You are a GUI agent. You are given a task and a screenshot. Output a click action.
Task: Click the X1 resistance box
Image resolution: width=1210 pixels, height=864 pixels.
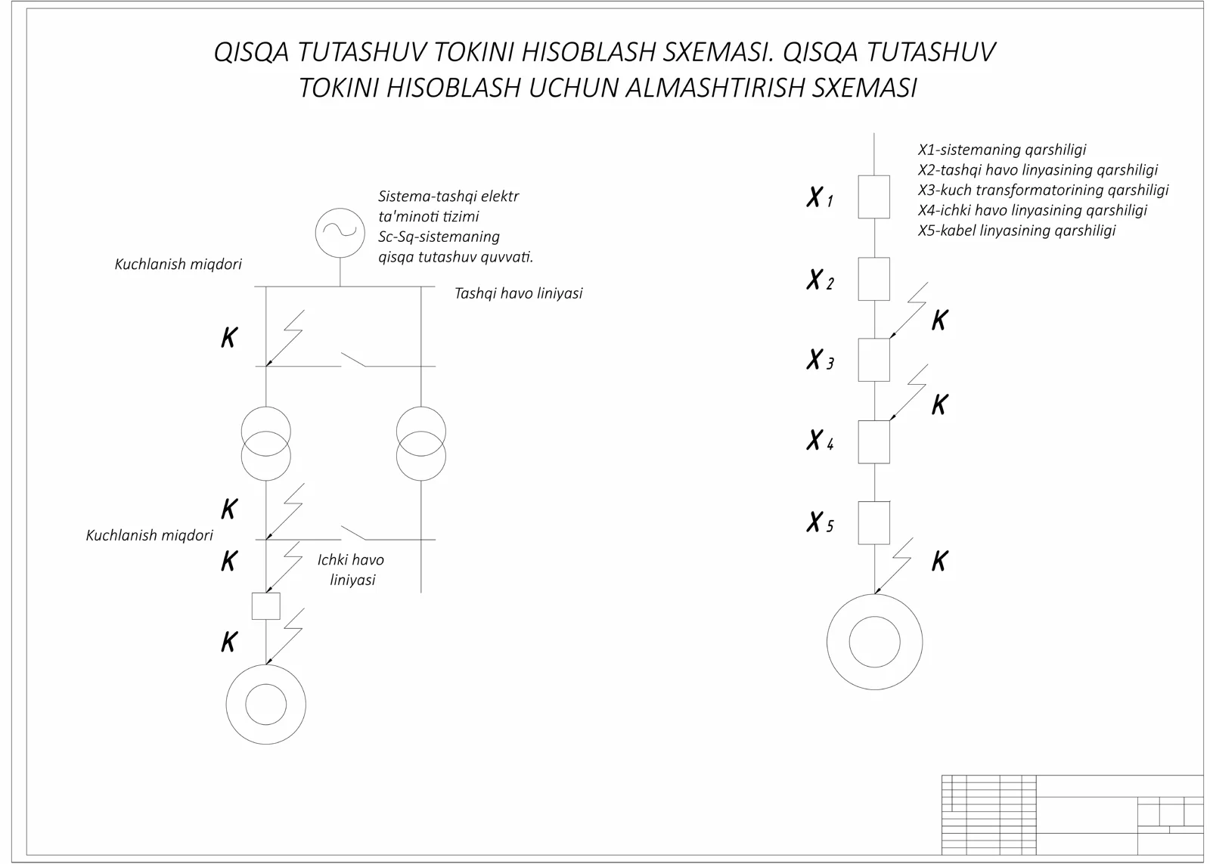coord(873,197)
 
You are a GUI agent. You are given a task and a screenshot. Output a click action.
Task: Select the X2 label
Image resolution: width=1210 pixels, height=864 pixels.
coord(819,280)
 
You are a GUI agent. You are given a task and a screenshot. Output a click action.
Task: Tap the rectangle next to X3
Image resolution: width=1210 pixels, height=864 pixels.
coord(873,360)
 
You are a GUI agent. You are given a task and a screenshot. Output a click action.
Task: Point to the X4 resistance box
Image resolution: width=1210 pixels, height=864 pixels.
coord(873,442)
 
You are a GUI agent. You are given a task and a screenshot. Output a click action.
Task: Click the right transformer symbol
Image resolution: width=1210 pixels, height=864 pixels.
coord(421,444)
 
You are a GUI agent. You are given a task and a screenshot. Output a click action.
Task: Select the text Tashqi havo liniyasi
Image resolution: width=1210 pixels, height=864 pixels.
coord(518,293)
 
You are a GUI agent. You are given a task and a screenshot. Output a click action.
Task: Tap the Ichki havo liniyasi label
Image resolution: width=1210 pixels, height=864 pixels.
coord(351,570)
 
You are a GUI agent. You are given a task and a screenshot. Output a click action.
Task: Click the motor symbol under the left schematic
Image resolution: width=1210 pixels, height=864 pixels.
coord(265,705)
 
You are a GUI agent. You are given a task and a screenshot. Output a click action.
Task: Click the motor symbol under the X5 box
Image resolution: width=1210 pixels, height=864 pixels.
coord(874,642)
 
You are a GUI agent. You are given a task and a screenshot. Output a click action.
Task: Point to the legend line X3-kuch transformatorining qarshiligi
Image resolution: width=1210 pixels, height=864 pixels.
coord(1043,190)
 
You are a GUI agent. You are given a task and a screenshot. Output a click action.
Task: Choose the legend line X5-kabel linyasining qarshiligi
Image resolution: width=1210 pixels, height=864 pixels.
coord(1016,231)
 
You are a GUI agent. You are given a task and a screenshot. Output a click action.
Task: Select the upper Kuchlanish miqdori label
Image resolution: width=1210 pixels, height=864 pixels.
coord(178,265)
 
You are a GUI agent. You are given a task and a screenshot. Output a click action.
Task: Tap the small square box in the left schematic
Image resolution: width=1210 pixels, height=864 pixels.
coord(265,606)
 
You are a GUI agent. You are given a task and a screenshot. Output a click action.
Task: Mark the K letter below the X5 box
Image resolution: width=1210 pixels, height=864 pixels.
coord(939,562)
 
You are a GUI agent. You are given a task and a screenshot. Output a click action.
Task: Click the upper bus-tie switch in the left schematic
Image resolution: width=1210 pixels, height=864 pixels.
coord(352,360)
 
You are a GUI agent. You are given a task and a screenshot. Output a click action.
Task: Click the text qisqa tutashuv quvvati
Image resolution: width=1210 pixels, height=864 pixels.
coord(455,257)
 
